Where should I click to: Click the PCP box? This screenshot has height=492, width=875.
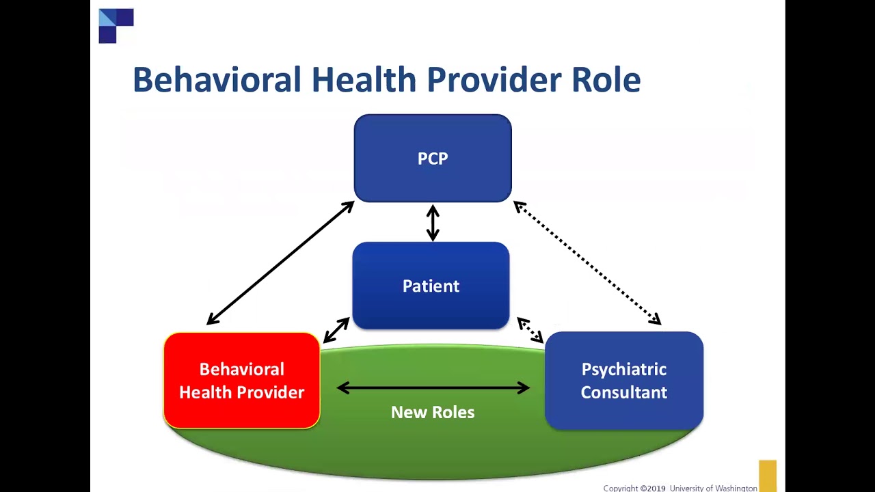[x=433, y=159]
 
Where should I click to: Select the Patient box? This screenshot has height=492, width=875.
[x=431, y=286]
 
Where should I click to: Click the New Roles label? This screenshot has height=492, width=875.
[x=433, y=412]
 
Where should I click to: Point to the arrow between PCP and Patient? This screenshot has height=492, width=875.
[x=433, y=223]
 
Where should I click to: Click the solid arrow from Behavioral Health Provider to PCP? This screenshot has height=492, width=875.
[x=280, y=263]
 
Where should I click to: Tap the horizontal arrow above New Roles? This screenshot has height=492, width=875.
[x=433, y=388]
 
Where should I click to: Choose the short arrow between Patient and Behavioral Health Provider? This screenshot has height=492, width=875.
[x=336, y=330]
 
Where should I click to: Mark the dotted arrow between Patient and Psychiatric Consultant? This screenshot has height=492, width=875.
[x=530, y=330]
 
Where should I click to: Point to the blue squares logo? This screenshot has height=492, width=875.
[x=116, y=26]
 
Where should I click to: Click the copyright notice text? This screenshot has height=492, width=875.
[x=679, y=488]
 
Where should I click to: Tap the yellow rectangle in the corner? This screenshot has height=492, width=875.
[x=767, y=476]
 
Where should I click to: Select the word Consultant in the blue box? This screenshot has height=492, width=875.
[x=623, y=392]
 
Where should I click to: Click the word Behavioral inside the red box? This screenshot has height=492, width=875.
[x=241, y=370]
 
